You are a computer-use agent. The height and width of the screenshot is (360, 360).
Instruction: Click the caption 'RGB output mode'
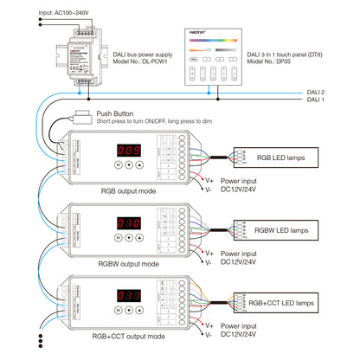(x=130, y=191)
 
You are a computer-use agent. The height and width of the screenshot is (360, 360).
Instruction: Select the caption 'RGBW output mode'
(x=129, y=263)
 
